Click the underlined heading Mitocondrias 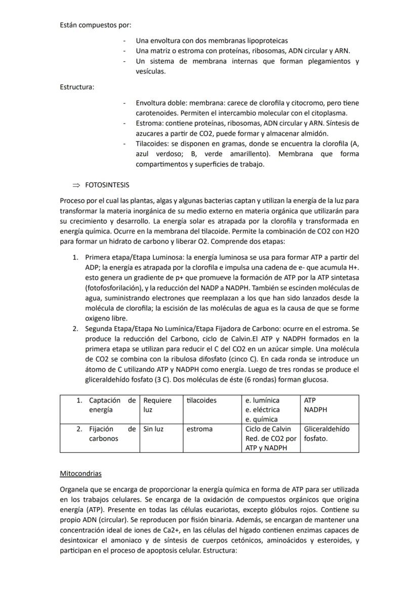80,474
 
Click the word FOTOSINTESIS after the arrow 107,185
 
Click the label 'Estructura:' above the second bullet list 77,87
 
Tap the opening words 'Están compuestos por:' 95,25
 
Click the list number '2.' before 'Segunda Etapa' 75,329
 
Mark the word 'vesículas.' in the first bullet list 151,71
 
